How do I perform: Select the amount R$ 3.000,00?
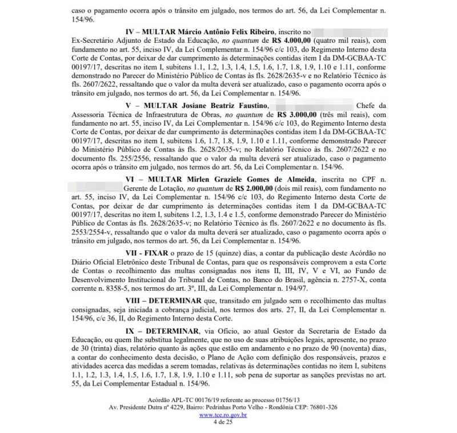point(296,114)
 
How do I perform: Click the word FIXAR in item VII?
point(161,252)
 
